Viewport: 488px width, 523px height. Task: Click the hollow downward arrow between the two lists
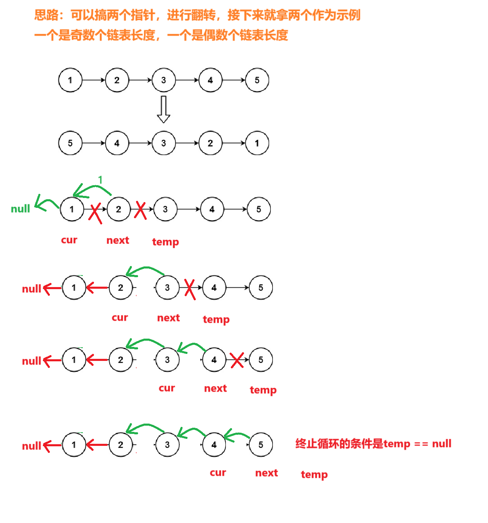tap(164, 109)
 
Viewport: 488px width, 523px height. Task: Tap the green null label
tap(21, 209)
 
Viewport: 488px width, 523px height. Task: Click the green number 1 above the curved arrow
tap(100, 180)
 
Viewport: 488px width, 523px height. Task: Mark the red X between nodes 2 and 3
tap(141, 210)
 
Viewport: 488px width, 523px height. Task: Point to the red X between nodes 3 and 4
tap(190, 288)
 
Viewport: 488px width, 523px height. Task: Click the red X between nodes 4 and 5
tap(237, 360)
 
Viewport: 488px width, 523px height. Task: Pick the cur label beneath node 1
tap(69, 240)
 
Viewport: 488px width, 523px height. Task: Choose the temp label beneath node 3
tap(166, 242)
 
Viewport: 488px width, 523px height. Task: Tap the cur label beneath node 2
tap(120, 318)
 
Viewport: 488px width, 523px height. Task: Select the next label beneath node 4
tap(216, 389)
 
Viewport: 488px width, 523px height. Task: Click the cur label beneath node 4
tap(218, 473)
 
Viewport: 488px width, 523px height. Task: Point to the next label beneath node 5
tap(267, 473)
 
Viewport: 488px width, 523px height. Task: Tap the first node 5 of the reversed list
tap(70, 143)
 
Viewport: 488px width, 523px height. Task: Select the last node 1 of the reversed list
tap(257, 143)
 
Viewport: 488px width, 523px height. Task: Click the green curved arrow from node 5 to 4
tap(236, 435)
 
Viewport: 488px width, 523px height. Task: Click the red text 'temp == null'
tap(417, 444)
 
